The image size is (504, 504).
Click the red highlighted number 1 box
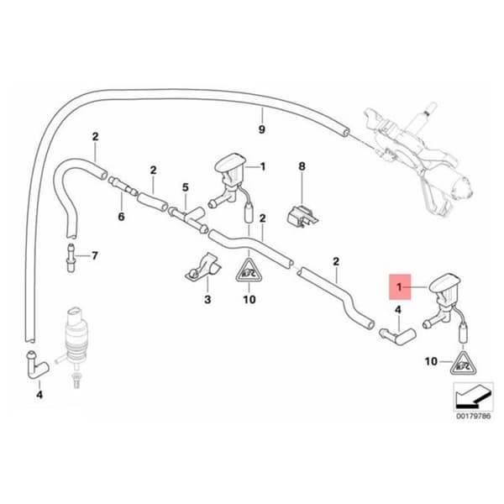point(400,286)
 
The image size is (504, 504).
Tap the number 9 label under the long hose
point(262,129)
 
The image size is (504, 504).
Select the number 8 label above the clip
point(302,166)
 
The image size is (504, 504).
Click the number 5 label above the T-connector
point(185,187)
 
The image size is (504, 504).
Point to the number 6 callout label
point(121,217)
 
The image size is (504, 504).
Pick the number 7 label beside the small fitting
point(94,256)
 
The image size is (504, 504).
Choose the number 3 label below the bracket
point(207,299)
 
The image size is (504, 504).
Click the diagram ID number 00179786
point(474,416)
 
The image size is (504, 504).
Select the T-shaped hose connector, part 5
point(188,219)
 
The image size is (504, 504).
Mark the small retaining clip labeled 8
point(302,217)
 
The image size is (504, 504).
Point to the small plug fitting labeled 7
point(71,258)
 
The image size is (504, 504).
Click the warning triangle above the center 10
point(249,270)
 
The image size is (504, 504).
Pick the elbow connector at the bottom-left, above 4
point(36,365)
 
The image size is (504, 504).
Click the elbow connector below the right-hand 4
point(398,336)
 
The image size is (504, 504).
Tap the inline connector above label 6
point(123,186)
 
